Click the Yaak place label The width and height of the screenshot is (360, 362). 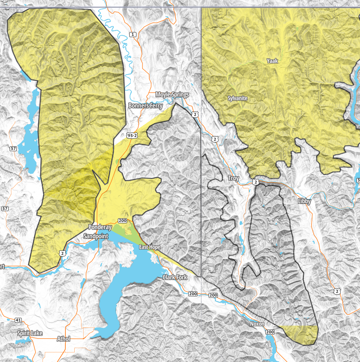(272, 61)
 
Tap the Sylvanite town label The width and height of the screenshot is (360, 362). (237, 98)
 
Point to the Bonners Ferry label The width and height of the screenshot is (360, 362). (145, 106)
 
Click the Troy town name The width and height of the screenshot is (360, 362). (233, 178)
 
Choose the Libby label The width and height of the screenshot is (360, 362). (304, 201)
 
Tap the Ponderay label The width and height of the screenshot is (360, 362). (100, 227)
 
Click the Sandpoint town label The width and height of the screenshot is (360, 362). (96, 236)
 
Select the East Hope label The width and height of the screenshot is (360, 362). (150, 247)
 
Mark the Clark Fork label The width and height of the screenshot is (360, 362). (175, 277)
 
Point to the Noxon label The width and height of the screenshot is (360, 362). (257, 324)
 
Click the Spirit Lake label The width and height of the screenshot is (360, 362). (30, 333)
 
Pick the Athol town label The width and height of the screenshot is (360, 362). (64, 339)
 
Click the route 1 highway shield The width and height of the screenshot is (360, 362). (133, 35)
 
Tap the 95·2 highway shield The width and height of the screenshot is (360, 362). (132, 136)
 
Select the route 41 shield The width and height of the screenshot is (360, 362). (18, 320)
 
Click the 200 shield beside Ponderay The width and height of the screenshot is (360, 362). (122, 221)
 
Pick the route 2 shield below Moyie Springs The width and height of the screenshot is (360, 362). (194, 114)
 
